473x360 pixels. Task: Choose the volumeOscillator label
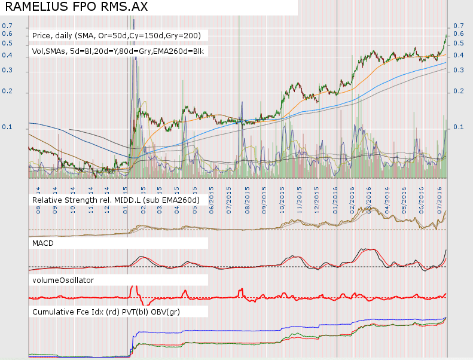(63, 279)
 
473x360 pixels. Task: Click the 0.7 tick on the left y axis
(7, 26)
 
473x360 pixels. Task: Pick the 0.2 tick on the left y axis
(7, 93)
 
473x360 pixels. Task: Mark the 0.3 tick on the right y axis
(459, 70)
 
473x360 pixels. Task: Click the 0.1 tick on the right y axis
(459, 127)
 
